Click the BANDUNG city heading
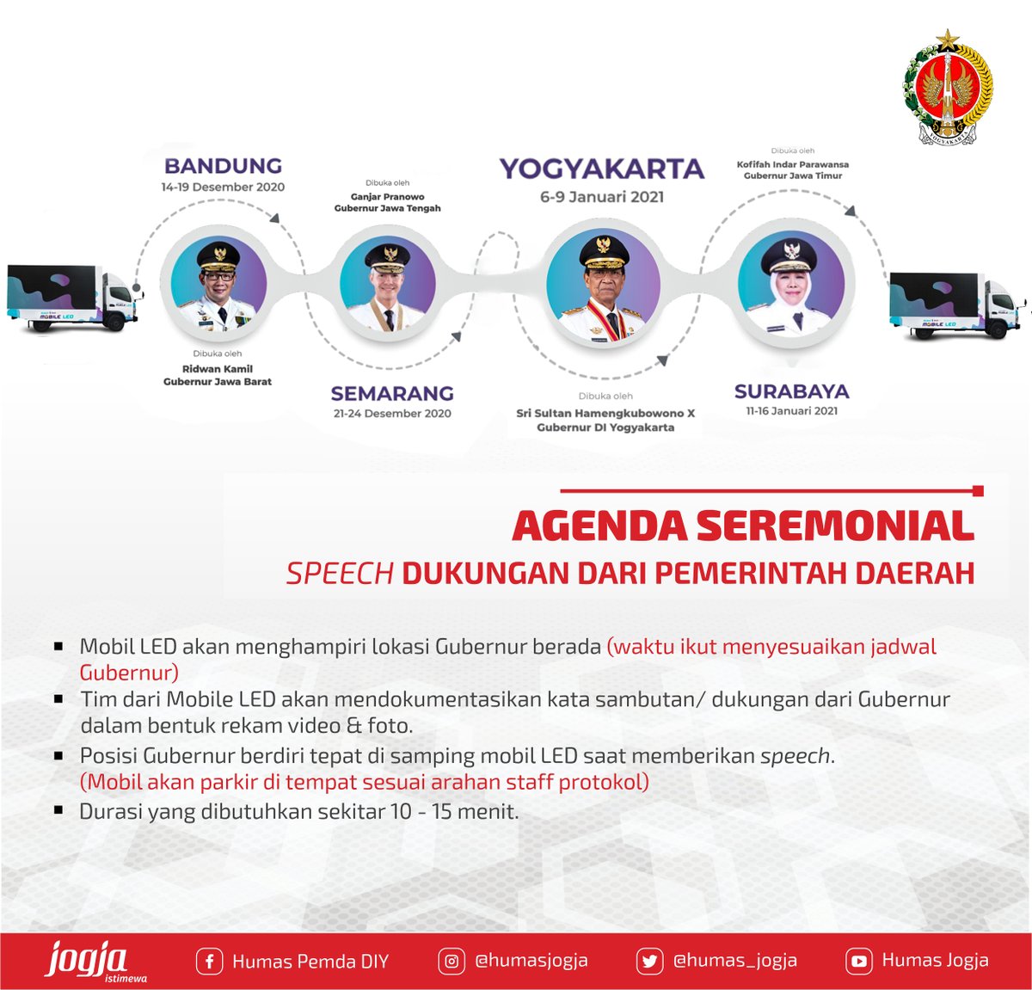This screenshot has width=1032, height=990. coord(223,166)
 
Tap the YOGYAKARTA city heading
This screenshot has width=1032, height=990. coord(601,169)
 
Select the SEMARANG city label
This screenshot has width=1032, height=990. coord(392,393)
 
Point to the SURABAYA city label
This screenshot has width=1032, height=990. coord(791,391)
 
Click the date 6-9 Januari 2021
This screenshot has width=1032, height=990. coord(601,197)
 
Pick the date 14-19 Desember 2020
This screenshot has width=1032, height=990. coord(223,187)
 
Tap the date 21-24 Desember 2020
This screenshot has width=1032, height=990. coord(392,414)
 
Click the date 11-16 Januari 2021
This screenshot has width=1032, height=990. coord(791,411)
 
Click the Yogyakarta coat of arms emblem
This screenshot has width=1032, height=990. coord(948,88)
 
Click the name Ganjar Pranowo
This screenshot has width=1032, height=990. coord(387,197)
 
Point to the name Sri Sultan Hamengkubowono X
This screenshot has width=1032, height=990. coord(605,413)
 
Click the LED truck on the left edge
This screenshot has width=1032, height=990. coord(73,298)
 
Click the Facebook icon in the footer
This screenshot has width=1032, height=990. coord(209,961)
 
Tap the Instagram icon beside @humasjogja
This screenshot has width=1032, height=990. coord(451,961)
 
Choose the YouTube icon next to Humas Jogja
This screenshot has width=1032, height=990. coord(858,961)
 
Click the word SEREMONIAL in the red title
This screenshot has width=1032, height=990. coord(834,526)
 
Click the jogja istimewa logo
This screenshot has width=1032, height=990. coord(90,961)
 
